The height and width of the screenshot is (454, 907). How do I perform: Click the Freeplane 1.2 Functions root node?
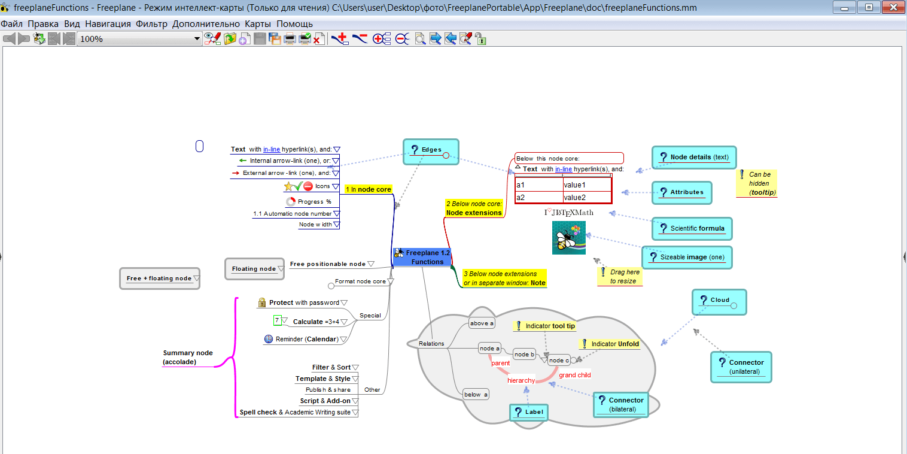point(422,257)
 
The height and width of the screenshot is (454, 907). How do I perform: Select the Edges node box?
point(431,152)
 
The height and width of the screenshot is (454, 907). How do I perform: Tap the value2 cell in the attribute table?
point(587,198)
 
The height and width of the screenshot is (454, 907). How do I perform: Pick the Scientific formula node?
point(692,229)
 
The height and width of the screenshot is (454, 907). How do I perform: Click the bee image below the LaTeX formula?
point(568,238)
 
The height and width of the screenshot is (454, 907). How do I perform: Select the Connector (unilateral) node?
point(741,367)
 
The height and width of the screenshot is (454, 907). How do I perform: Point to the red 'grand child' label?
point(574,375)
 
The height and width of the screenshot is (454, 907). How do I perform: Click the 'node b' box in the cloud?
point(524,355)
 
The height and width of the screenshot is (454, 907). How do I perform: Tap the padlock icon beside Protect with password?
point(262,302)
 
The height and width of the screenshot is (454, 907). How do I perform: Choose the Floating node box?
point(255,269)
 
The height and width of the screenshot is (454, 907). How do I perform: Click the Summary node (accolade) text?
point(187,357)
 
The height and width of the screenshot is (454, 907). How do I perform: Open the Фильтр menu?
point(151,24)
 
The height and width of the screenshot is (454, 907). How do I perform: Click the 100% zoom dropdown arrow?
point(197,39)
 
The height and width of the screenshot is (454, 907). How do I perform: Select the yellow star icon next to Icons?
point(288,186)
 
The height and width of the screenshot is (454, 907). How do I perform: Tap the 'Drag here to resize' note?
point(620,277)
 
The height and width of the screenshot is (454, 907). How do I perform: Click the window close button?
point(893,7)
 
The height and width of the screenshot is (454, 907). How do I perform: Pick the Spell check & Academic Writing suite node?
point(295,412)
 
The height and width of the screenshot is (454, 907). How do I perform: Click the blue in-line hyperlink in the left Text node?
point(271,149)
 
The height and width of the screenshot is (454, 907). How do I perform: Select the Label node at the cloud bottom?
point(529,412)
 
